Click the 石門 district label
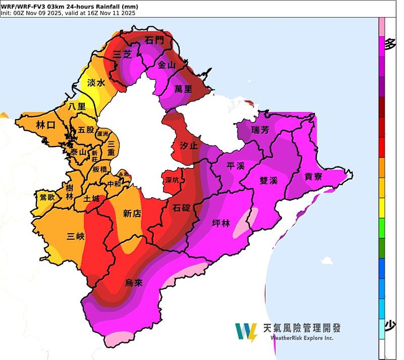tap(154, 40)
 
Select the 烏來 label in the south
tap(134, 283)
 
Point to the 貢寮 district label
tap(314, 176)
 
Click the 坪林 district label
tap(221, 223)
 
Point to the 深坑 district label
tap(172, 180)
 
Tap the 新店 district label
tap(132, 214)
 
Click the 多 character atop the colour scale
tap(390, 44)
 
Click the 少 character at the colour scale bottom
tap(390, 326)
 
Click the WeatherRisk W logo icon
tap(246, 332)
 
